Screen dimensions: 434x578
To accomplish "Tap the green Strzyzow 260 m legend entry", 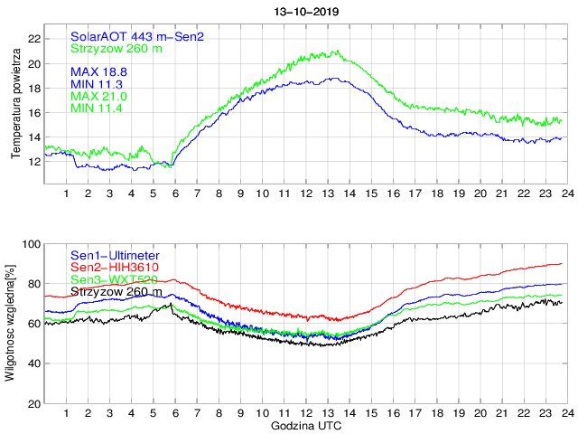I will tap(117, 49).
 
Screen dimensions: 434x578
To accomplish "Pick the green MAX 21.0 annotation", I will tap(98, 95).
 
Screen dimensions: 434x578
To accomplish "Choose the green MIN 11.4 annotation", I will tap(97, 108).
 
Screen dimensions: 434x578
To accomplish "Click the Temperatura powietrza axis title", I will tap(15, 105).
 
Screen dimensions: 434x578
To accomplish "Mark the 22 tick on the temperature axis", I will tap(33, 39).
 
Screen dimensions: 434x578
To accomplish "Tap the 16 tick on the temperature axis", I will tap(33, 113).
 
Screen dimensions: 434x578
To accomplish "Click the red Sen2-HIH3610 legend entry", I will tap(116, 267).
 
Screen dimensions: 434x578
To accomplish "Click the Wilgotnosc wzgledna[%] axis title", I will tap(11, 323).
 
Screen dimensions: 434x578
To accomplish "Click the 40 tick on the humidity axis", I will tap(33, 363).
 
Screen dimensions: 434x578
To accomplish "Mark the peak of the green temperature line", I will tap(337, 51).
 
